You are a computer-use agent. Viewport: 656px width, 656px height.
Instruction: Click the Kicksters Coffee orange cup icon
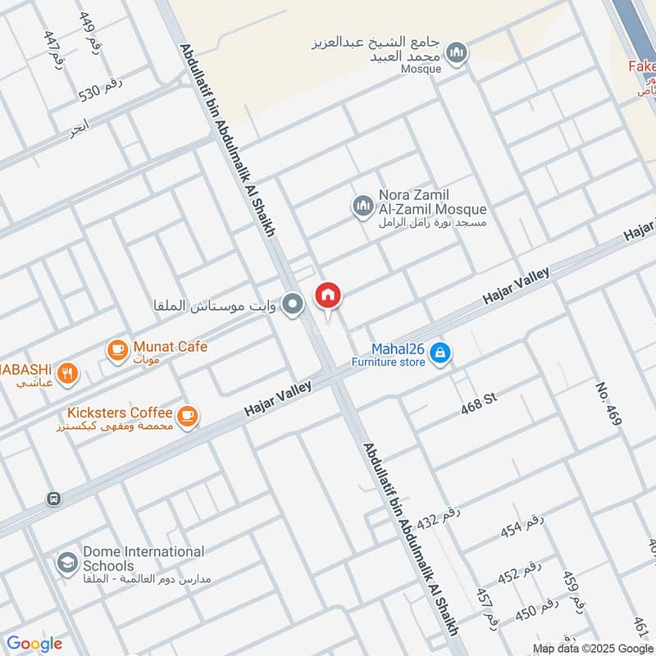[189, 417]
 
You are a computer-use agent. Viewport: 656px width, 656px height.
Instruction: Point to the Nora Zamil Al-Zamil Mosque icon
[362, 206]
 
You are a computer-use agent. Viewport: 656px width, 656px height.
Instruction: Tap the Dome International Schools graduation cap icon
[66, 563]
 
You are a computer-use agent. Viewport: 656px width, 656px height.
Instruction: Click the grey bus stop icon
[54, 498]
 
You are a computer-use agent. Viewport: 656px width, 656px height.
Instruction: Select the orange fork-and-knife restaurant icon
[69, 375]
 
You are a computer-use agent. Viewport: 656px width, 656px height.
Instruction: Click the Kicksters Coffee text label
[121, 412]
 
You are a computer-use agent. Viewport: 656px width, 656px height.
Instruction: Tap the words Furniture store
[389, 362]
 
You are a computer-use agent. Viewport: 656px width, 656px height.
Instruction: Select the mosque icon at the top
[458, 53]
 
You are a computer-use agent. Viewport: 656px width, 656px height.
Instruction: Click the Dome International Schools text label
[143, 558]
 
